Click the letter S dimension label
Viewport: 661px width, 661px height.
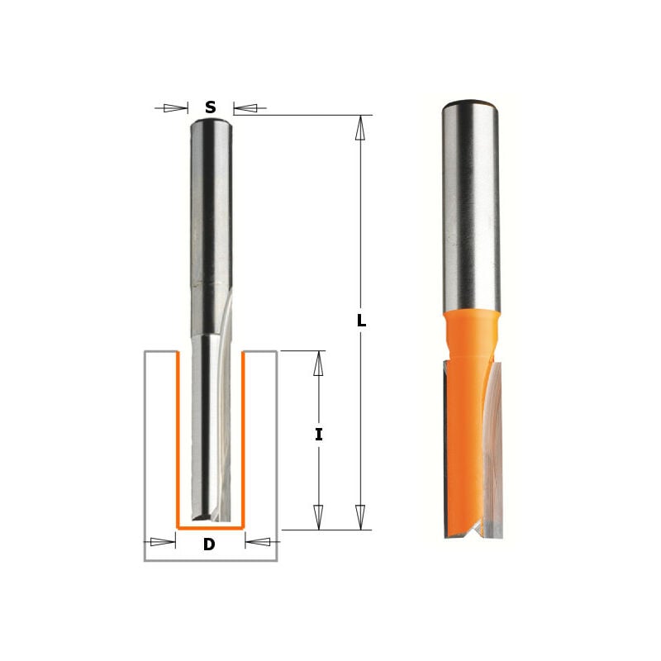pyautogui.click(x=211, y=107)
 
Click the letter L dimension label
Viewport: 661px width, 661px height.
pyautogui.click(x=361, y=321)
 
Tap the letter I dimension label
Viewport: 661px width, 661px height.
pyautogui.click(x=319, y=435)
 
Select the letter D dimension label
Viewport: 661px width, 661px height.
pyautogui.click(x=209, y=544)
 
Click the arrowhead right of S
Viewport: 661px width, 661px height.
pyautogui.click(x=245, y=107)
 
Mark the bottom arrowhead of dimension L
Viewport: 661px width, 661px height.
pyautogui.click(x=360, y=517)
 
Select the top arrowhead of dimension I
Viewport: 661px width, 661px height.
pyautogui.click(x=319, y=364)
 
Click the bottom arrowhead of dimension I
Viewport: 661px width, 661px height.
pyautogui.click(x=319, y=517)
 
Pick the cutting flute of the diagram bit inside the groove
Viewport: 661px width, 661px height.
pyautogui.click(x=211, y=430)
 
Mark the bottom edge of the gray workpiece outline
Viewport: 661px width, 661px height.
pyautogui.click(x=211, y=560)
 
